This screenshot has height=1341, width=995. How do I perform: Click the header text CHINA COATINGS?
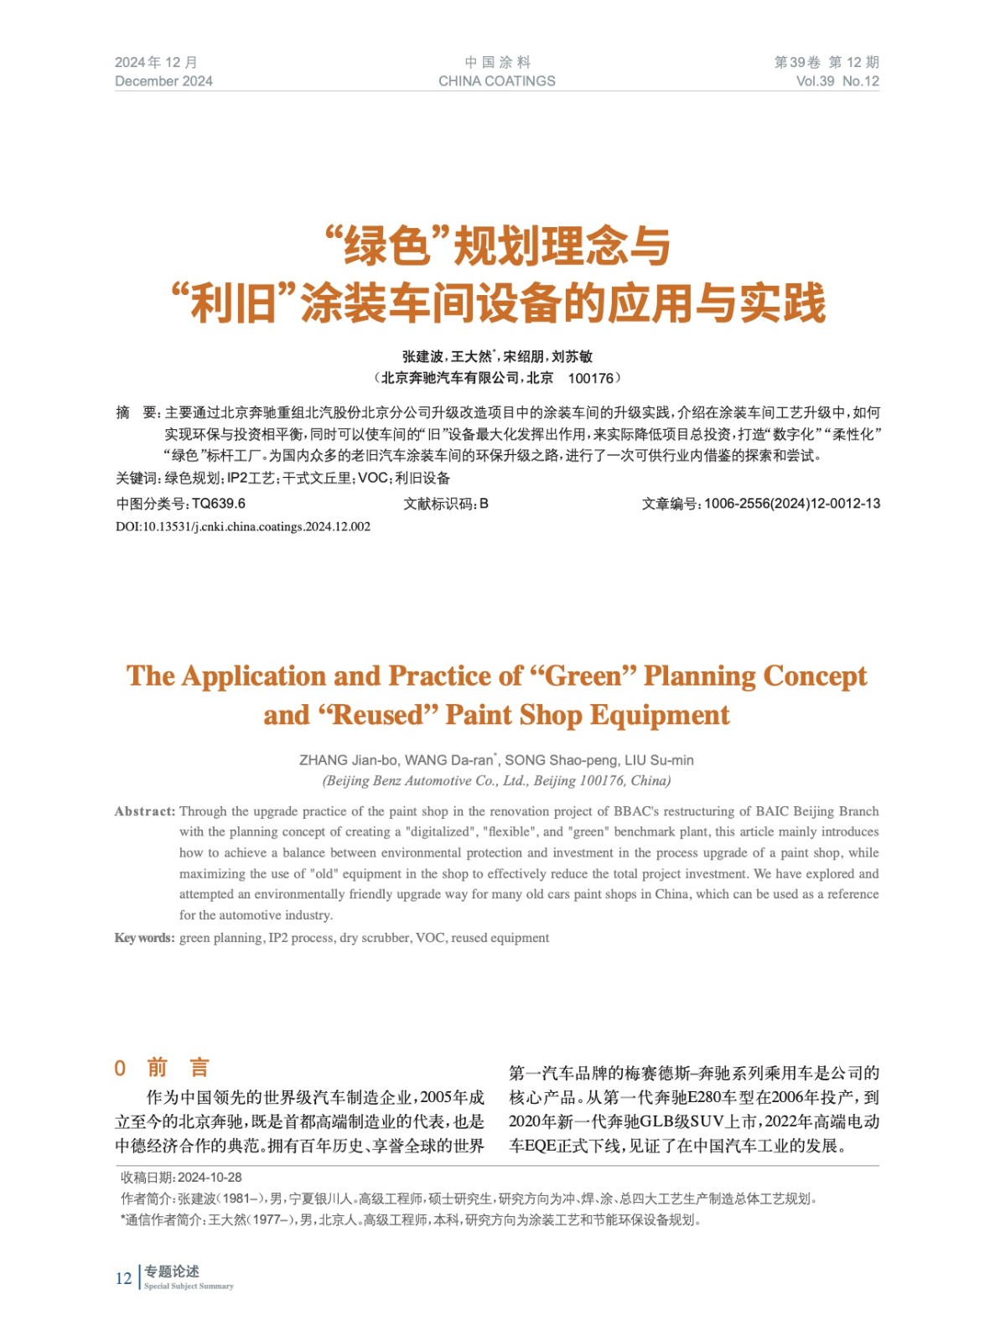click(496, 81)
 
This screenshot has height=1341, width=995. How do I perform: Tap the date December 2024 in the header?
click(163, 81)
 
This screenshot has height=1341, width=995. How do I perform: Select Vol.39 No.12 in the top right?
click(837, 81)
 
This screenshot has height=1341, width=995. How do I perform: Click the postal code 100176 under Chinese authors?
click(590, 378)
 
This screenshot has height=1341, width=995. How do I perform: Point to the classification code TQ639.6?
click(218, 504)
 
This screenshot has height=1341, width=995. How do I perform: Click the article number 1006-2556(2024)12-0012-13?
click(791, 504)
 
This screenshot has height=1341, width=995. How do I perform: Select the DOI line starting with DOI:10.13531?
click(243, 526)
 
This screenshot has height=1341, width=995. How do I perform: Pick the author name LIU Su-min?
click(659, 760)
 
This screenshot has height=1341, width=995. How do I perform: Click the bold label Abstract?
click(145, 811)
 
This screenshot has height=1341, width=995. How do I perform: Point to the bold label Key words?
click(145, 938)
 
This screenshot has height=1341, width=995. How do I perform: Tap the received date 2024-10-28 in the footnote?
click(210, 1178)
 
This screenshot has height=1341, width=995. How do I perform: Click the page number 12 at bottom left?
click(123, 1278)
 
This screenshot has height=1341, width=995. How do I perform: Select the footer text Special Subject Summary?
click(189, 1287)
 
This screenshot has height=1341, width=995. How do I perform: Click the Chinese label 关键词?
click(137, 479)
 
